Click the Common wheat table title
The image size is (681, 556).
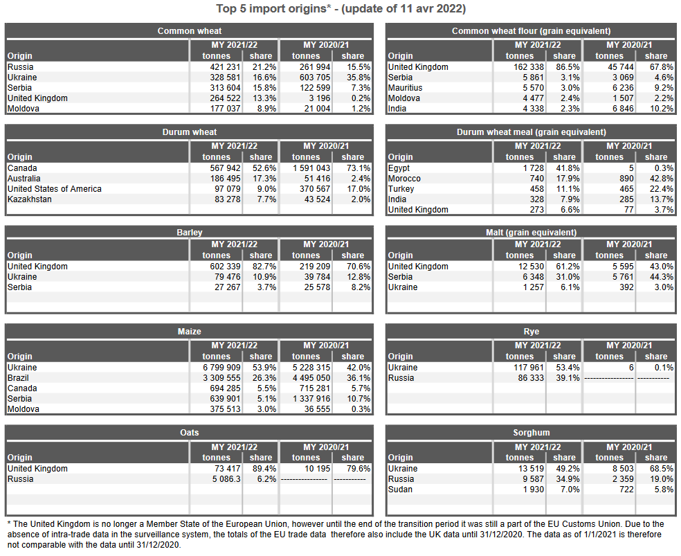[190, 31]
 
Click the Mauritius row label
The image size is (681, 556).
[406, 88]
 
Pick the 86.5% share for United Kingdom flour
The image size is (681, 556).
[564, 67]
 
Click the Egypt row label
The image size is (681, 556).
[399, 168]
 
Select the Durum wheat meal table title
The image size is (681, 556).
[531, 132]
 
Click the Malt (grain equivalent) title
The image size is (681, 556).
[531, 233]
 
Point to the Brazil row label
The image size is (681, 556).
[18, 378]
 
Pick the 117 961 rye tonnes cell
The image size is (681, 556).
[527, 368]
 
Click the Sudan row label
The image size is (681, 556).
[400, 490]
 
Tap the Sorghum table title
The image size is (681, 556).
[531, 433]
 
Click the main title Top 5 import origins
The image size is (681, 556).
[340, 9]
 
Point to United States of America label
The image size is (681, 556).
[54, 189]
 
